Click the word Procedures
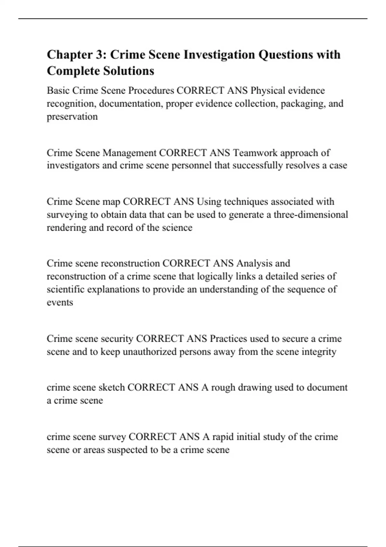tap(151, 91)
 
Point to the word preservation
tap(72, 116)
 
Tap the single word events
tap(60, 302)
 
